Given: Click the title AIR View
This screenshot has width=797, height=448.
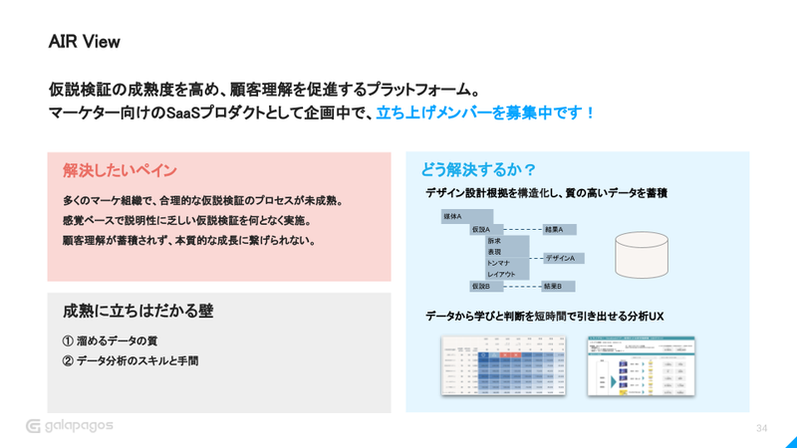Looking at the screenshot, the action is pyautogui.click(x=84, y=42).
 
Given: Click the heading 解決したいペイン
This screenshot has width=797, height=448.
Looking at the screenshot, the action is pyautogui.click(x=120, y=170).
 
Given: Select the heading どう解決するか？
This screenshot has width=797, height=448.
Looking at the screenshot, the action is pyautogui.click(x=478, y=168).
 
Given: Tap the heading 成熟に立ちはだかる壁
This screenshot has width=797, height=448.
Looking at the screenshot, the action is pyautogui.click(x=137, y=312).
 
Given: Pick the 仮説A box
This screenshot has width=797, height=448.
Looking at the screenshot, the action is pyautogui.click(x=487, y=229).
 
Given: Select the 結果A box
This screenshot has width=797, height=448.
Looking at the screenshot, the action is pyautogui.click(x=559, y=229).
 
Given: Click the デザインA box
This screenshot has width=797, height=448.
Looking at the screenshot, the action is pyautogui.click(x=563, y=258).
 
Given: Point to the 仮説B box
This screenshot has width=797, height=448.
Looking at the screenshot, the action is pyautogui.click(x=487, y=287).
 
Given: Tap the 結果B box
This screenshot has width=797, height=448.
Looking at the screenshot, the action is pyautogui.click(x=558, y=287).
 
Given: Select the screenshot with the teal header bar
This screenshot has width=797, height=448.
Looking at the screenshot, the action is pyautogui.click(x=641, y=365).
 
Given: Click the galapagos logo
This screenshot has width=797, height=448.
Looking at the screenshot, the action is pyautogui.click(x=70, y=426).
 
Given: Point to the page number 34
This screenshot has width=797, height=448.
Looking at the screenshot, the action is pyautogui.click(x=762, y=428).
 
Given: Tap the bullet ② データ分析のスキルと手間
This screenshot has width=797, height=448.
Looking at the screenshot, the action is pyautogui.click(x=131, y=361).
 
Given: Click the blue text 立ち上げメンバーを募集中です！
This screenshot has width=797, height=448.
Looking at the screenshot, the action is pyautogui.click(x=486, y=112).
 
